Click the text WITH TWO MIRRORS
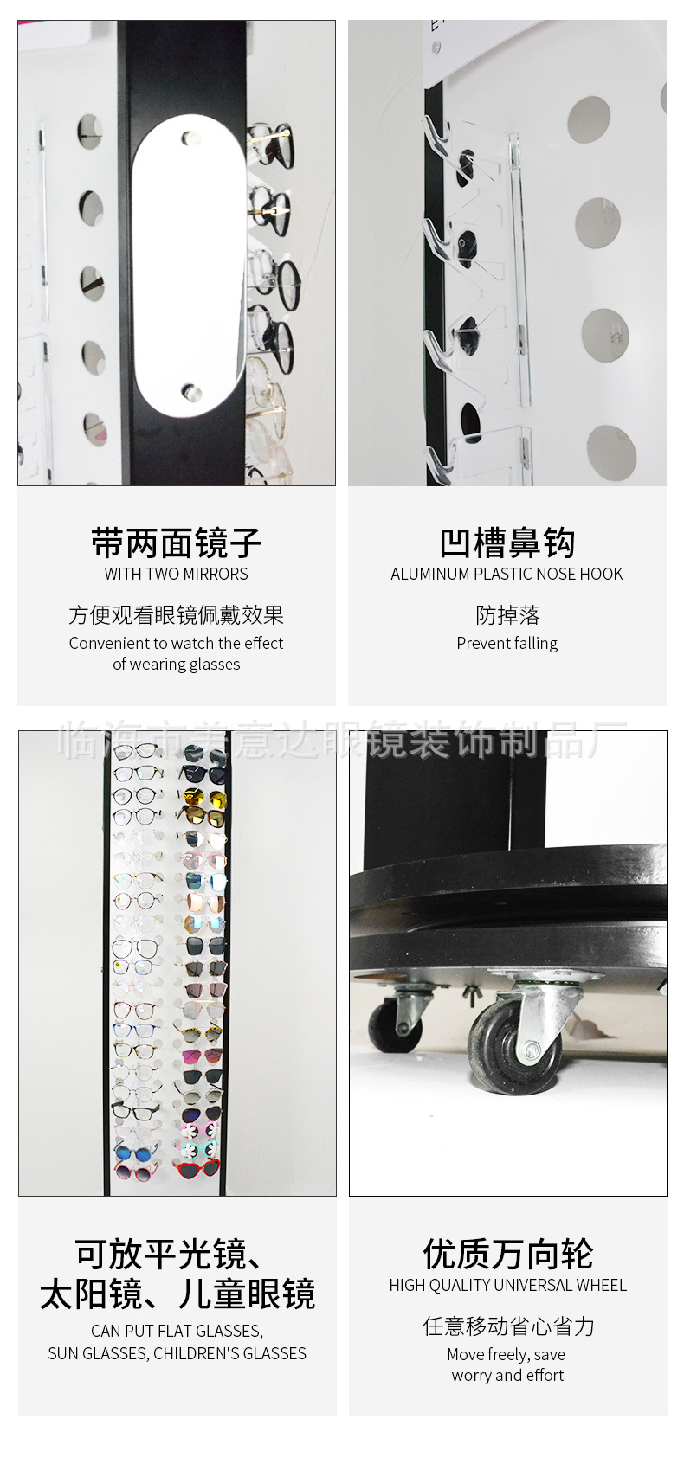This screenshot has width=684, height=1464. tap(176, 574)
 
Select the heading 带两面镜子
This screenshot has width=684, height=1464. tap(176, 543)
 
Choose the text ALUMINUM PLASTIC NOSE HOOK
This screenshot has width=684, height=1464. tap(507, 574)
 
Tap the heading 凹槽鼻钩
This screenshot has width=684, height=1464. tap(507, 543)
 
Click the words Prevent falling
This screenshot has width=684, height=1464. tap(507, 643)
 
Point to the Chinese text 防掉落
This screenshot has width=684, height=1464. tap(507, 615)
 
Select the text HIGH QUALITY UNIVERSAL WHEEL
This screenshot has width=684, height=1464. tap(507, 1285)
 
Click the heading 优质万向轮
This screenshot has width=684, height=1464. tap(507, 1254)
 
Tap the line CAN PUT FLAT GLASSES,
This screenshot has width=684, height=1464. tap(177, 1331)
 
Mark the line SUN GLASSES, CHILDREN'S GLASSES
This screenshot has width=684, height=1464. tap(177, 1353)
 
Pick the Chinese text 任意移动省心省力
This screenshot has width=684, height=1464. tap(507, 1326)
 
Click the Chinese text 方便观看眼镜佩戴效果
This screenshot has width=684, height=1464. tap(176, 615)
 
